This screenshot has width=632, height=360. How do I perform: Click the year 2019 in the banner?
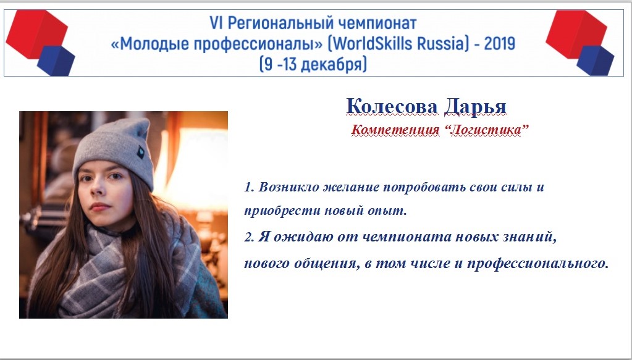[x=499, y=43]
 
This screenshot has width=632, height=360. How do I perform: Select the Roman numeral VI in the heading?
[x=216, y=23]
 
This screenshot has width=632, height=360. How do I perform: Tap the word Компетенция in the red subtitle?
[x=395, y=130]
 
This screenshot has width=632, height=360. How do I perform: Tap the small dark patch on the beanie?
[x=141, y=153]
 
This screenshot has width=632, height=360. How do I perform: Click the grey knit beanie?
[x=115, y=151]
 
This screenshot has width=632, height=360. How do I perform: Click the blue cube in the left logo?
[x=56, y=61]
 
